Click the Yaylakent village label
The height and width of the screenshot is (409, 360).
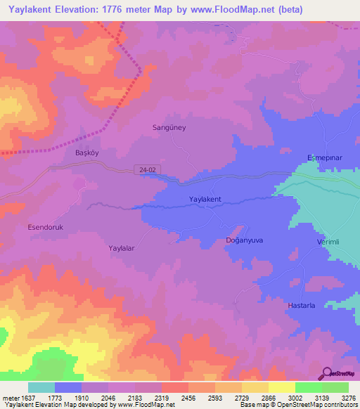click(205, 200)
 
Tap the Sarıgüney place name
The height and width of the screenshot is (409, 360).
click(169, 128)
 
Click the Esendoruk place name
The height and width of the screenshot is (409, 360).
click(45, 227)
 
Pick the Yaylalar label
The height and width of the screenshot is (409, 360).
click(121, 248)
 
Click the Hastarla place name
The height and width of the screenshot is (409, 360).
click(304, 306)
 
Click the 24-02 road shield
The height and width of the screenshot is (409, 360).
click(143, 169)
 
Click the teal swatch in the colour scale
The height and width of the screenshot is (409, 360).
click(41, 387)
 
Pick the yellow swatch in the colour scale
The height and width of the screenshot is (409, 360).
click(282, 387)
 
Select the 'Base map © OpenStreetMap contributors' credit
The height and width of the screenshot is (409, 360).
click(297, 405)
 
